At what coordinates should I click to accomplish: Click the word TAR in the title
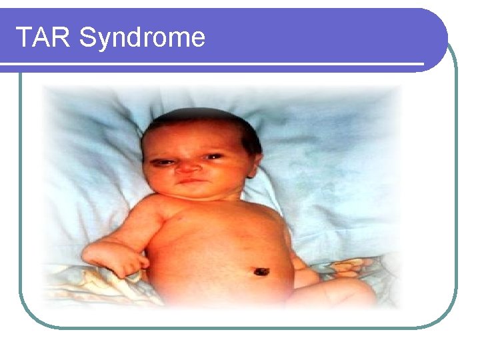pyautogui.click(x=43, y=37)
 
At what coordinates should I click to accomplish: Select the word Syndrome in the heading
pyautogui.click(x=141, y=38)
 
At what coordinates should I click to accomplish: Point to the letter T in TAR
pyautogui.click(x=23, y=37)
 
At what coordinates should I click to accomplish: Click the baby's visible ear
pyautogui.click(x=253, y=163)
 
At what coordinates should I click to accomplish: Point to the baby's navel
pyautogui.click(x=260, y=271)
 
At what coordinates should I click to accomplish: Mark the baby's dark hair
pyautogui.click(x=200, y=123)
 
